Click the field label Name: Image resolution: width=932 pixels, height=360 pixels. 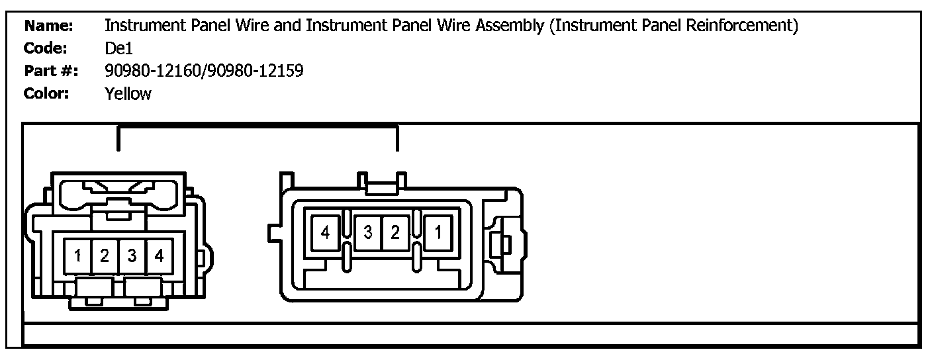point(48,26)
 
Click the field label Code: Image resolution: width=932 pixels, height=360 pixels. point(46,48)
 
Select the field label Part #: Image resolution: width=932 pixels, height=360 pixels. point(50,71)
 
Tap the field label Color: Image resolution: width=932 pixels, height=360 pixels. point(46,93)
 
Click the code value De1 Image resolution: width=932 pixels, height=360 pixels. point(120,48)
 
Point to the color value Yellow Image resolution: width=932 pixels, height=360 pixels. point(128,93)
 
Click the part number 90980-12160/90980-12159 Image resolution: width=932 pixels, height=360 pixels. point(204,71)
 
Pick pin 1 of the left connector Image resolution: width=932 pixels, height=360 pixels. point(78,255)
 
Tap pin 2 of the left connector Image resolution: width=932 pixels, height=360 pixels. point(105,255)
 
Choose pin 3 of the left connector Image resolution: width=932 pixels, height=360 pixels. point(132,255)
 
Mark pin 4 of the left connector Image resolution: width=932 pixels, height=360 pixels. point(159,255)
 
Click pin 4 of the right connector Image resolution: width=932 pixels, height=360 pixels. point(324,233)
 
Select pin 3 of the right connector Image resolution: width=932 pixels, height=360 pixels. point(368,233)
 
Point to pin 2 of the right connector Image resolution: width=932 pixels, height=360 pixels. point(395,233)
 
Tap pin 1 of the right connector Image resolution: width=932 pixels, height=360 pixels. point(438,233)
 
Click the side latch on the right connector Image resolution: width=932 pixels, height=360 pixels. point(502,244)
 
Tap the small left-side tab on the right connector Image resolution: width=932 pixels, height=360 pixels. point(273,233)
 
